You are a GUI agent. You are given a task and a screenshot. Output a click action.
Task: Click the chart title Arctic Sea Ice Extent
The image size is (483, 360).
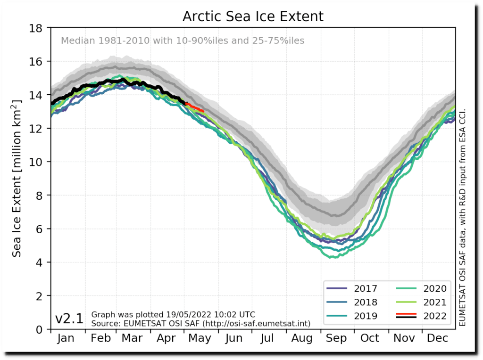click(x=253, y=16)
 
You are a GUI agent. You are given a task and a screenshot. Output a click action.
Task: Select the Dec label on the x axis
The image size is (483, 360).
click(x=438, y=338)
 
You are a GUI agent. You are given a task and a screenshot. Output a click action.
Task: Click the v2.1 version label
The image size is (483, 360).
click(x=69, y=319)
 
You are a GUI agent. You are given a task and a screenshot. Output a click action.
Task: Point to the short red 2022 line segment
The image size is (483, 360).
click(x=195, y=107)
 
